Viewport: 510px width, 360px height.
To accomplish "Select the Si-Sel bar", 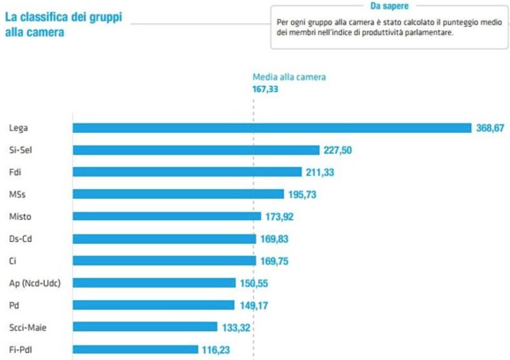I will pyautogui.click(x=196, y=150).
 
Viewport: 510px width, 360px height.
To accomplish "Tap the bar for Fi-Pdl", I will pyautogui.click(x=135, y=349).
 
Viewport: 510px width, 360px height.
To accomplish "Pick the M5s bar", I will pyautogui.click(x=178, y=194).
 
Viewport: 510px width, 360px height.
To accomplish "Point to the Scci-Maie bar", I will pyautogui.click(x=145, y=327).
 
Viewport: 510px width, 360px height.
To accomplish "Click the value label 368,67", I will pyautogui.click(x=490, y=128).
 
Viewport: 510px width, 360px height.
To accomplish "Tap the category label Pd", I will pyautogui.click(x=14, y=305).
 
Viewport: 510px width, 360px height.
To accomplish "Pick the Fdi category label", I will pyautogui.click(x=15, y=172).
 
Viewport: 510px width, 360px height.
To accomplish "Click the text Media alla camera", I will pyautogui.click(x=289, y=77).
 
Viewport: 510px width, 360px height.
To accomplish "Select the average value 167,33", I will pyautogui.click(x=265, y=89).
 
